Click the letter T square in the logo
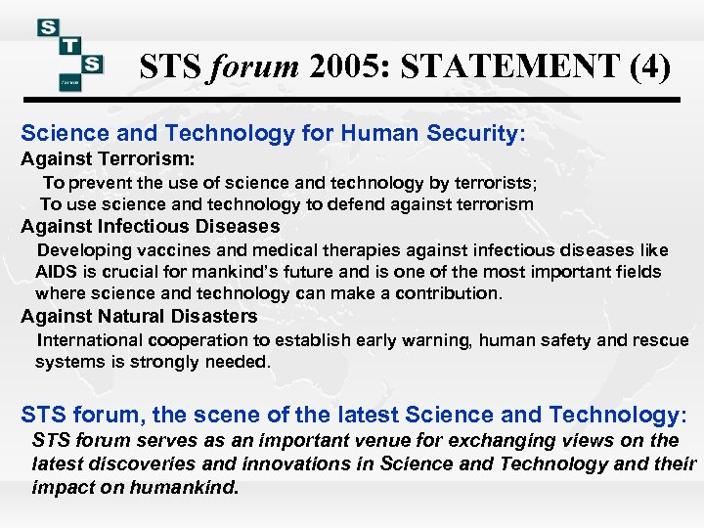pyautogui.click(x=70, y=45)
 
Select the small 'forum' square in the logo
pyautogui.click(x=69, y=82)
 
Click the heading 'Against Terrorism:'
pyautogui.click(x=108, y=158)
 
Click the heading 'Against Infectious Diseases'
pyautogui.click(x=150, y=227)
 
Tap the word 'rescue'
pyautogui.click(x=661, y=340)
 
